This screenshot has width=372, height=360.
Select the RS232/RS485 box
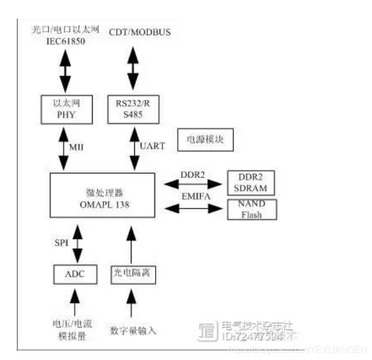[x=133, y=110]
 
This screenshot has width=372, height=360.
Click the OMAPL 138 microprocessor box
[x=102, y=194]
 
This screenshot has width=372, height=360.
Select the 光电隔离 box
[x=132, y=274]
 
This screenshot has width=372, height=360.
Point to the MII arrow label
[x=78, y=147]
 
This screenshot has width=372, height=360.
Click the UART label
[x=152, y=146]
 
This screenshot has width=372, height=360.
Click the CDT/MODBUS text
[x=139, y=32]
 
